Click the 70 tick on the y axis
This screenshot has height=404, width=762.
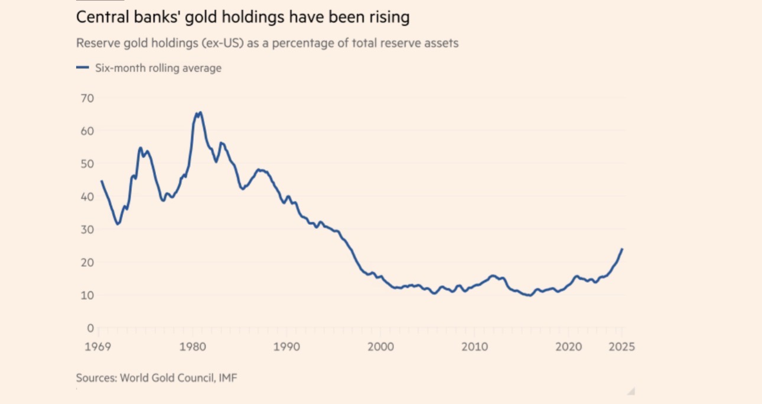click(x=87, y=98)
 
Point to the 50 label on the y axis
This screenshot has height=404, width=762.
click(x=87, y=163)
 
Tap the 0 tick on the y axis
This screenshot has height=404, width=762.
click(x=90, y=328)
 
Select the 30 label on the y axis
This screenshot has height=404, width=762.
click(x=87, y=229)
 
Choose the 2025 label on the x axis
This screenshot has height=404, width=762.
click(x=621, y=347)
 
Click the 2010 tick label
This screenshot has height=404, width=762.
click(x=474, y=347)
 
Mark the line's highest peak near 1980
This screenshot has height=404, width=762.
click(x=200, y=112)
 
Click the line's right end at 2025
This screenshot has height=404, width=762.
click(x=622, y=249)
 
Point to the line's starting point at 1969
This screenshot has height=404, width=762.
click(x=101, y=181)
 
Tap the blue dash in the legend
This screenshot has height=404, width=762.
click(x=82, y=68)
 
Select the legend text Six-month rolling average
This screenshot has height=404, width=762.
click(x=158, y=68)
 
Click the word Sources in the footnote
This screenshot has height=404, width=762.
click(x=95, y=377)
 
